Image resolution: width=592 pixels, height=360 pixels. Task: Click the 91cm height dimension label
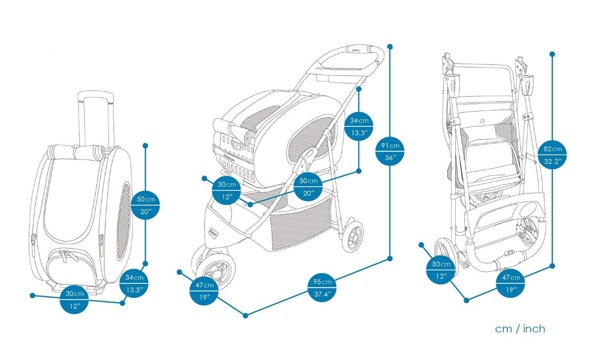(x=390, y=151)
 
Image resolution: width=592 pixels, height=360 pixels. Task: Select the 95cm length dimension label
(x=322, y=288)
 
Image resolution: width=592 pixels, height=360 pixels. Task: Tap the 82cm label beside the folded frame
(x=553, y=155)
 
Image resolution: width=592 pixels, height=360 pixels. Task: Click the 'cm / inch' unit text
(x=520, y=329)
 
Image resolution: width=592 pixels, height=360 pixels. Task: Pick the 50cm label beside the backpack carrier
(x=145, y=205)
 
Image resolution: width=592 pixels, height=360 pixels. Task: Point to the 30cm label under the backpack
(x=74, y=300)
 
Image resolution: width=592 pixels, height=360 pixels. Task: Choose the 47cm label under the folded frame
(x=510, y=283)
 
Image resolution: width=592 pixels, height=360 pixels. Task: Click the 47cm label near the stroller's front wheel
(x=204, y=291)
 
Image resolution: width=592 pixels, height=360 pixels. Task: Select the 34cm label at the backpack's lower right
(x=134, y=284)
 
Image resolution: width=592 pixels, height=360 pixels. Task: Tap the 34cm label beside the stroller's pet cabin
(x=359, y=126)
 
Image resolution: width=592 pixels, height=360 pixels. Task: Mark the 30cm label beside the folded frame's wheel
(x=441, y=270)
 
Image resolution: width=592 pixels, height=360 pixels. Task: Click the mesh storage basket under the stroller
(x=301, y=226)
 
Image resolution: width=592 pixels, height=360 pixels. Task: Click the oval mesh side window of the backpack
(x=124, y=221)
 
